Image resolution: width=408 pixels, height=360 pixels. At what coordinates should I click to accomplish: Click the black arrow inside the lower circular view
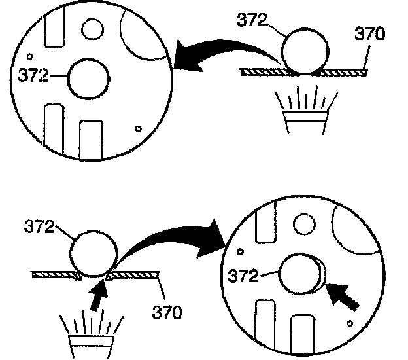(343, 298)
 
